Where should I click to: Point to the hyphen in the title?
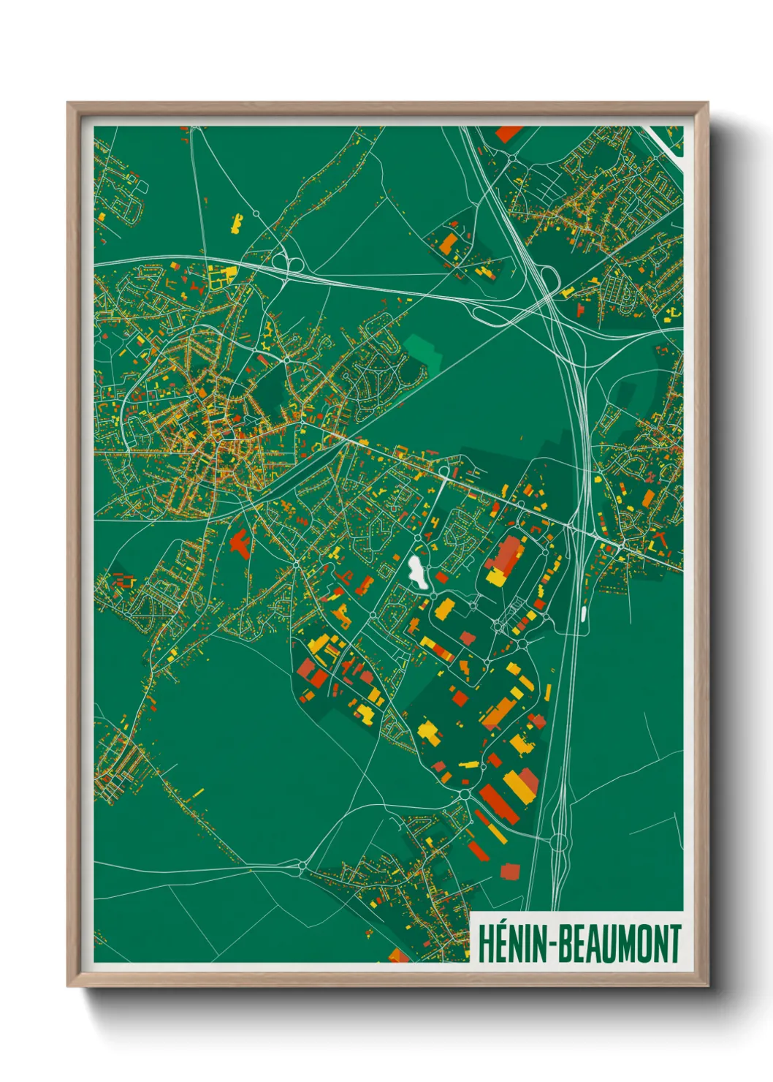(x=551, y=945)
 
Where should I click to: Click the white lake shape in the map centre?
(x=417, y=572)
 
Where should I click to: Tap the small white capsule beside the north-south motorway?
(x=583, y=613)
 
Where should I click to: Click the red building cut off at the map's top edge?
(x=509, y=133)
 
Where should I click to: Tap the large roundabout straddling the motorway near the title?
(x=559, y=842)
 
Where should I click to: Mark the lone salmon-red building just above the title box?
(x=510, y=871)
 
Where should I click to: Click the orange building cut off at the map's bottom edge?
(x=398, y=955)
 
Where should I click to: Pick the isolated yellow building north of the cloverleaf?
(x=236, y=223)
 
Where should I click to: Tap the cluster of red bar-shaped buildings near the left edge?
(x=122, y=581)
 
